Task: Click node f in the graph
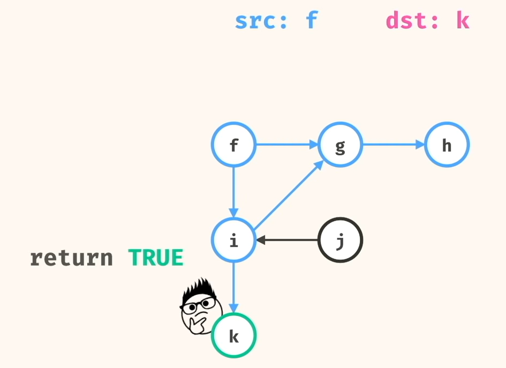point(233,145)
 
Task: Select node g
point(340,145)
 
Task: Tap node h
point(447,145)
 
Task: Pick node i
point(233,241)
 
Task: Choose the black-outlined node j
point(340,241)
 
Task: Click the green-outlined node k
point(233,336)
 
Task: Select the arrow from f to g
point(286,145)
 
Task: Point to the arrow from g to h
point(393,145)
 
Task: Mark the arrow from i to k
point(233,287)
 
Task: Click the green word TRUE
point(156,258)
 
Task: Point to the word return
point(71,258)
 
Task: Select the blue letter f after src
point(312,21)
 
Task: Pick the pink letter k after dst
point(463,21)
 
